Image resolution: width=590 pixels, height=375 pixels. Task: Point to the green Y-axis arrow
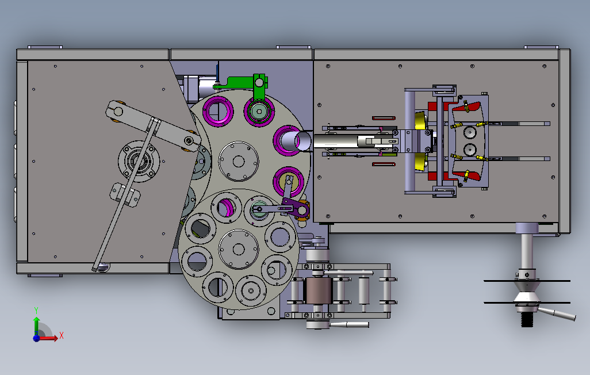tap(36, 325)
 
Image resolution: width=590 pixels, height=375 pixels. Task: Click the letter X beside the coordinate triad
tap(62, 335)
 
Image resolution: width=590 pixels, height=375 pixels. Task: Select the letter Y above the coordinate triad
tap(36, 311)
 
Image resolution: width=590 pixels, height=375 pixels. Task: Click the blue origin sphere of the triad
tap(36, 338)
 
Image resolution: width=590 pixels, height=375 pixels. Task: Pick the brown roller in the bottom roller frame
tap(318, 290)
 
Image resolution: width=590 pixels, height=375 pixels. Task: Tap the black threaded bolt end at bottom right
tap(527, 320)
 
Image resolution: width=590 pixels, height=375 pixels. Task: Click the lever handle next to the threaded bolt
tap(557, 313)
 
